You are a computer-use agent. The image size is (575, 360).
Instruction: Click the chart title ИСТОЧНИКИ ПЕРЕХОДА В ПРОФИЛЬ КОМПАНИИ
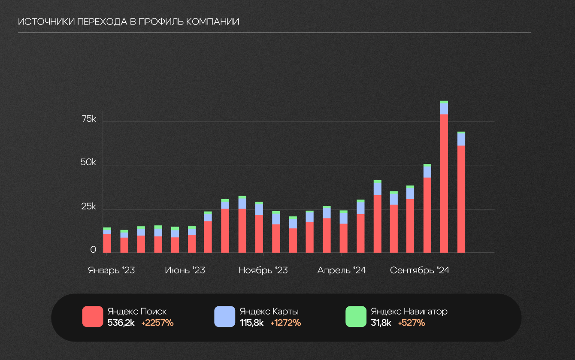(x=129, y=22)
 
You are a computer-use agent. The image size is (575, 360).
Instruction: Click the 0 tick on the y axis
(x=93, y=250)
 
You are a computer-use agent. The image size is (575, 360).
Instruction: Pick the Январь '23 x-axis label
(x=111, y=270)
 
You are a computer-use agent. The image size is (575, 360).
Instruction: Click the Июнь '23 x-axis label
(x=185, y=270)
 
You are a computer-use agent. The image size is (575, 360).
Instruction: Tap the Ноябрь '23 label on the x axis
(x=263, y=270)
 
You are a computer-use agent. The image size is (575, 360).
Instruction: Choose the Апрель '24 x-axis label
(x=342, y=270)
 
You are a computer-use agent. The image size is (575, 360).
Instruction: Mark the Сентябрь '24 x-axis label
(x=419, y=270)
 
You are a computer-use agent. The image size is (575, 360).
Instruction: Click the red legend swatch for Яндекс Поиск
(x=93, y=317)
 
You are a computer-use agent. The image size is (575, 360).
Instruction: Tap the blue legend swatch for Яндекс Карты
(x=225, y=317)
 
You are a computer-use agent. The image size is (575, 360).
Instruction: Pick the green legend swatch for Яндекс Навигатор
(x=356, y=317)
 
